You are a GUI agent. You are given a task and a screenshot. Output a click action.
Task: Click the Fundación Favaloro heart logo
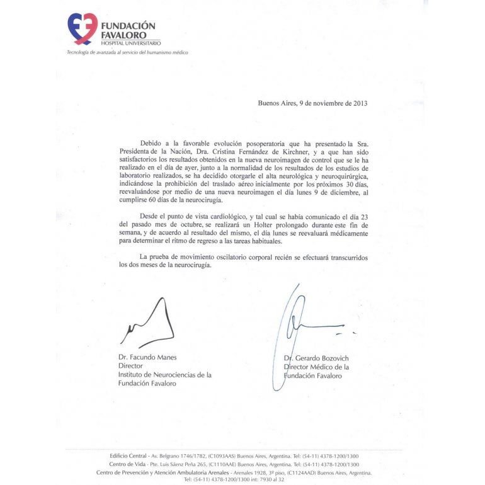[x=83, y=29]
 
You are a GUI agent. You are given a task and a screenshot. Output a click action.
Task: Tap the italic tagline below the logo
[x=127, y=52]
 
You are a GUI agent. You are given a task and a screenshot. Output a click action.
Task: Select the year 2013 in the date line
[x=360, y=103]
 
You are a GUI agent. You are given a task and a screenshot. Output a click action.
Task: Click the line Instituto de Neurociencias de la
[x=165, y=375]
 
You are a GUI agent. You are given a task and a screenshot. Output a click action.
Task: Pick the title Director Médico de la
[x=316, y=367]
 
